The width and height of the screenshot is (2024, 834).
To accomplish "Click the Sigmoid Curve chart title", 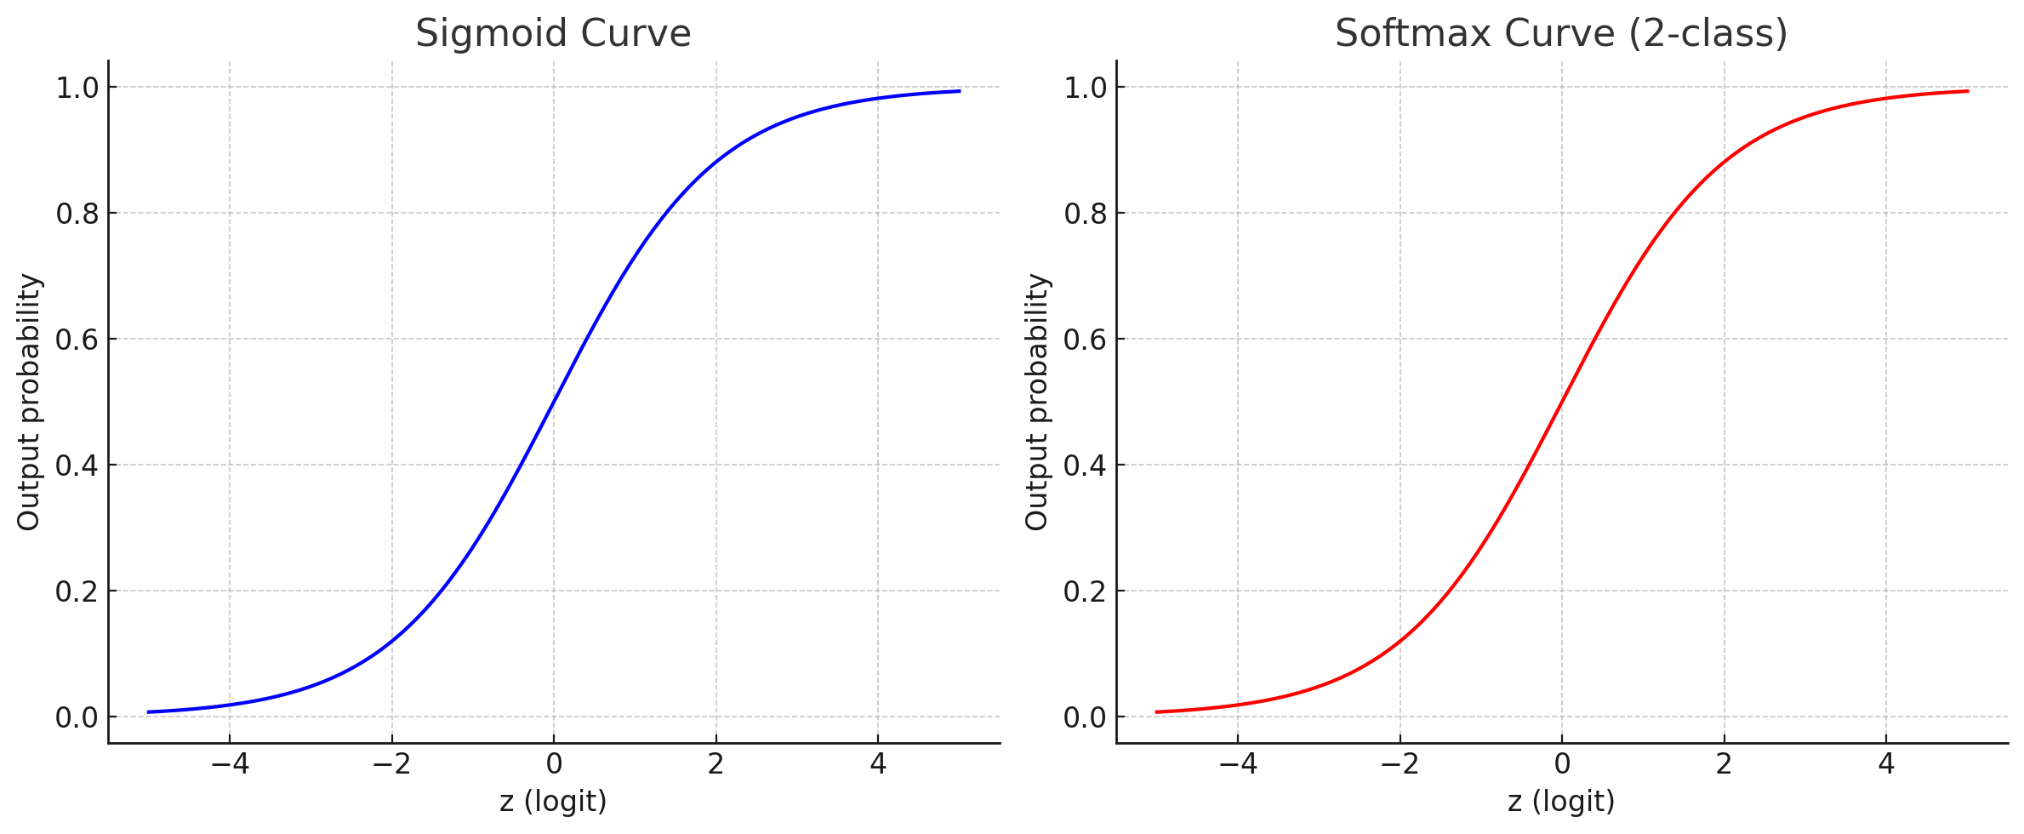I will pyautogui.click(x=553, y=34).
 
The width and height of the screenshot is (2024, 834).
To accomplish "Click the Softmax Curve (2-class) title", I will pyautogui.click(x=1561, y=34).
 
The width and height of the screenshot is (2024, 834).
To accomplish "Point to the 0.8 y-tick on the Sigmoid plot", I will pyautogui.click(x=77, y=214).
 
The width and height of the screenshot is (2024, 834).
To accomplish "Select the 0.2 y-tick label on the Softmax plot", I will pyautogui.click(x=1085, y=591).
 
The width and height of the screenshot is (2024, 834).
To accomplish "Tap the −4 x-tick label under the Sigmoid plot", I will pyautogui.click(x=230, y=764).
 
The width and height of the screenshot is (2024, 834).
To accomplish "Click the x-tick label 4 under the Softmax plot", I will pyautogui.click(x=1886, y=764).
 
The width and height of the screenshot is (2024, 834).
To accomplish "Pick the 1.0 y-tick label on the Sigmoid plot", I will pyautogui.click(x=77, y=88).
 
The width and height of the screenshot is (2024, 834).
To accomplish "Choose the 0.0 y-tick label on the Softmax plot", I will pyautogui.click(x=1085, y=717).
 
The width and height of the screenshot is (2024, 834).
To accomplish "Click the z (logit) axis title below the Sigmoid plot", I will pyautogui.click(x=553, y=801).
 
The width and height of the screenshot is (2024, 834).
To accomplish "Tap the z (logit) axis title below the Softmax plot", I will pyautogui.click(x=1561, y=801).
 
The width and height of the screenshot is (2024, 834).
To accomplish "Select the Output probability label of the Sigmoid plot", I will pyautogui.click(x=29, y=402).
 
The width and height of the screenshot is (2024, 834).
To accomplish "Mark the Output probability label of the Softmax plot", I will pyautogui.click(x=1037, y=402).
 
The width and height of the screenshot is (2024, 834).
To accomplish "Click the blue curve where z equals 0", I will pyautogui.click(x=554, y=402).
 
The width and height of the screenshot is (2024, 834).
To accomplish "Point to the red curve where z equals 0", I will pyautogui.click(x=1562, y=402).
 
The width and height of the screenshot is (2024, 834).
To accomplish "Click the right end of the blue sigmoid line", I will pyautogui.click(x=960, y=91).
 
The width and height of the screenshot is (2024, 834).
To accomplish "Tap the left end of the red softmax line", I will pyautogui.click(x=1157, y=712).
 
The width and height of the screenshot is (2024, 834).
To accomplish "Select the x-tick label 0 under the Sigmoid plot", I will pyautogui.click(x=554, y=764).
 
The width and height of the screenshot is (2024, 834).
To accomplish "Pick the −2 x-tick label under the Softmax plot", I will pyautogui.click(x=1400, y=764).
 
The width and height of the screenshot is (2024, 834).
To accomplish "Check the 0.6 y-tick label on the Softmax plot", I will pyautogui.click(x=1085, y=340).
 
